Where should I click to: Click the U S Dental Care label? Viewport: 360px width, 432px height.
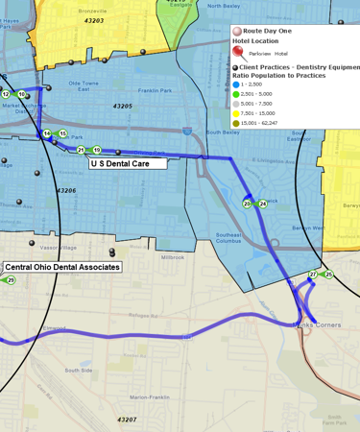point(129,164)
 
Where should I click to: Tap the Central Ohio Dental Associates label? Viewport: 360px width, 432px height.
point(62,267)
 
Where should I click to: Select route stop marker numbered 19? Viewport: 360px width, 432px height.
point(96,150)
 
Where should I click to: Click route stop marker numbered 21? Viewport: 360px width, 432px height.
point(82,150)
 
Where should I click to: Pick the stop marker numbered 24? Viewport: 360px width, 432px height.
point(263,204)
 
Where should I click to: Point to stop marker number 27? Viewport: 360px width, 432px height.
point(313,275)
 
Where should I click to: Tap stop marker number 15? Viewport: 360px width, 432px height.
point(62,133)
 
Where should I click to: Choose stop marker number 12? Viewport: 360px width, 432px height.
point(6,94)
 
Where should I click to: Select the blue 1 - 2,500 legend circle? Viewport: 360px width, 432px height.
point(236,84)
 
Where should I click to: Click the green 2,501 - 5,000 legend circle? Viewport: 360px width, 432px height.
point(236,94)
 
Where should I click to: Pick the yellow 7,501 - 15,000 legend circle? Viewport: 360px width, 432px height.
point(236,113)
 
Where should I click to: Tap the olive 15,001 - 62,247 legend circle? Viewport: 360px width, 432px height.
point(236,123)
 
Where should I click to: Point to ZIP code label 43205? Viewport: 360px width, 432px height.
point(122,106)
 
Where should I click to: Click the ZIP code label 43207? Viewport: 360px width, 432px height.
point(127,420)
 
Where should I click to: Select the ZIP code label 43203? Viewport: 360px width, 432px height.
point(94,20)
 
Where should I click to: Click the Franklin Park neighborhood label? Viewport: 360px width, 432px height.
point(154,90)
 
